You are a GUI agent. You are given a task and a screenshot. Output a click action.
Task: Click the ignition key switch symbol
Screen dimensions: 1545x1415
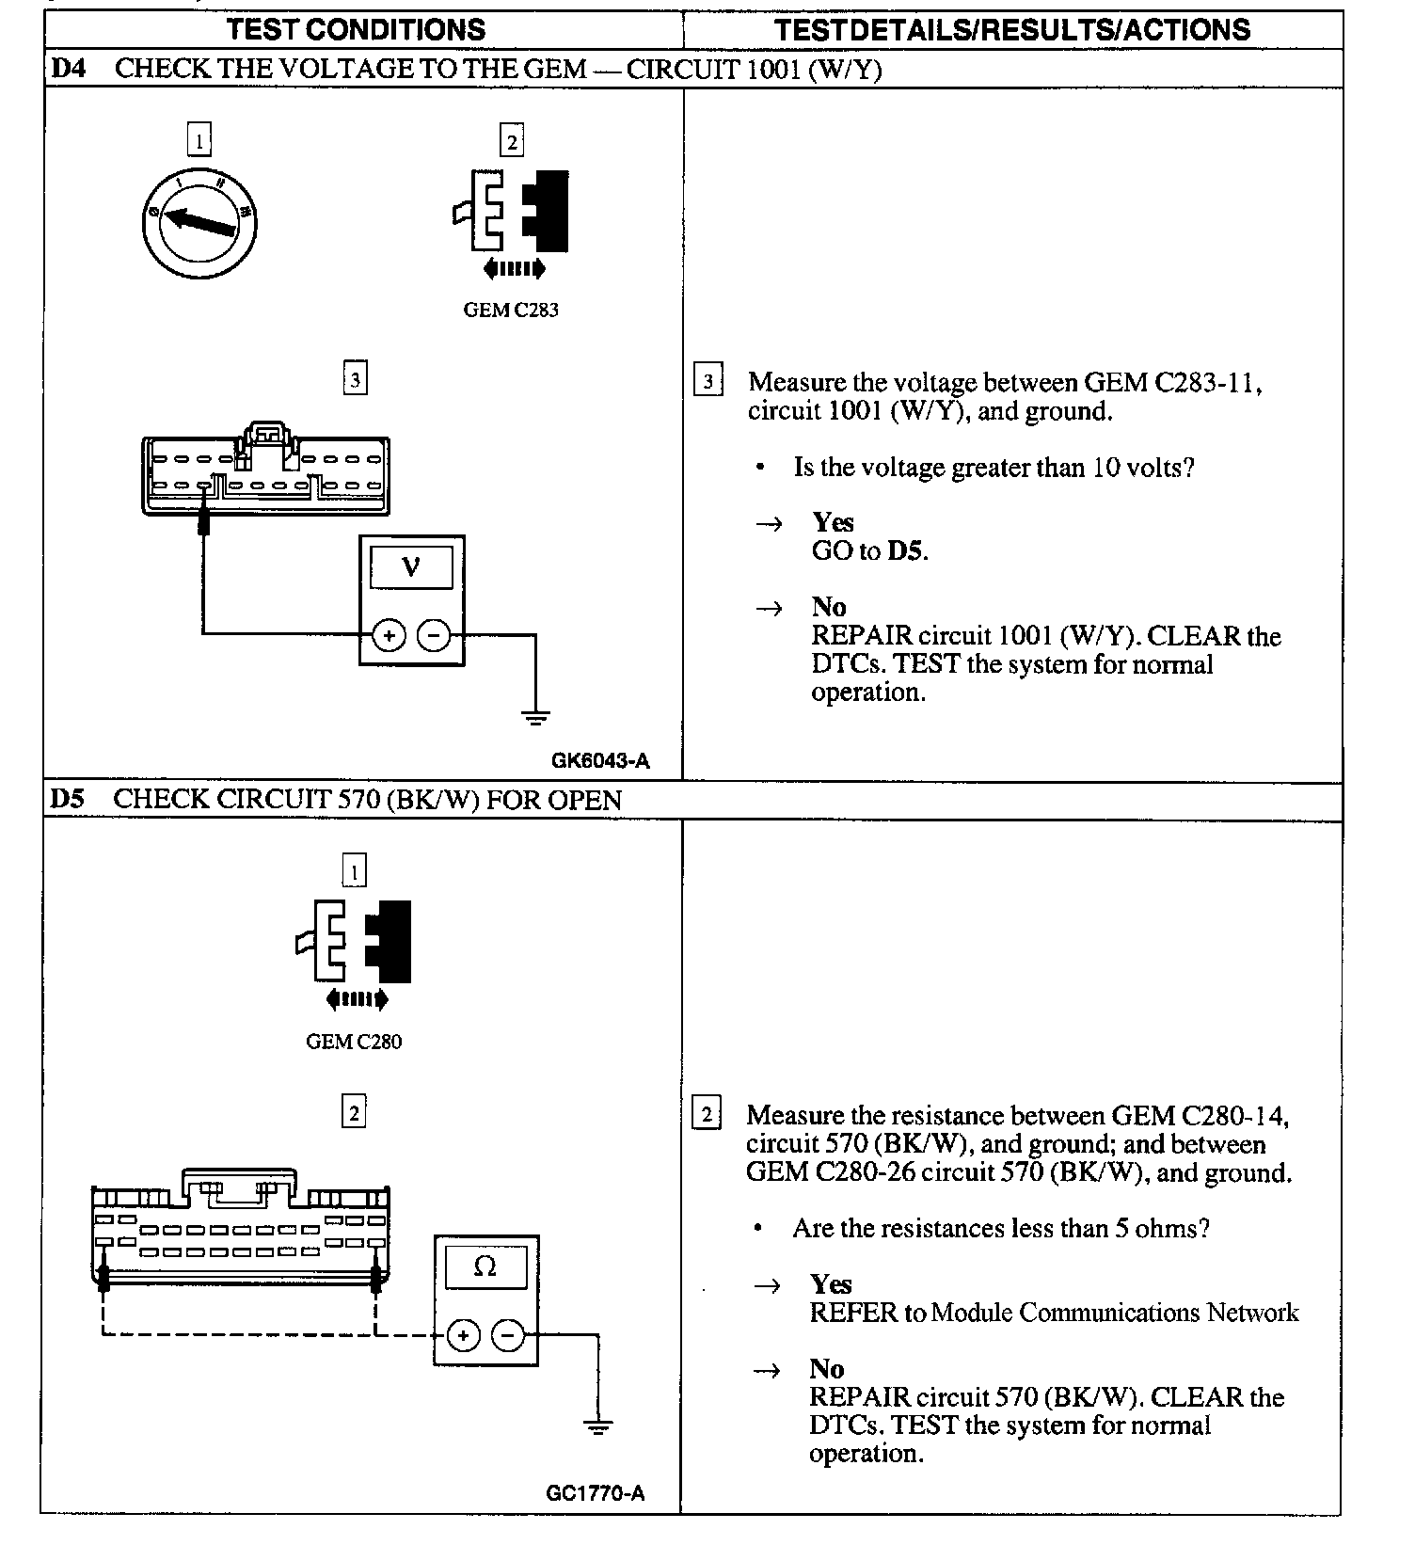coord(199,222)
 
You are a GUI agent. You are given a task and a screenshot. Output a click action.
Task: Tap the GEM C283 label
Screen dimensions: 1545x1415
coord(511,310)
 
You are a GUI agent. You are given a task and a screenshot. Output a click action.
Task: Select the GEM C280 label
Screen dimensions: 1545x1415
coord(354,1042)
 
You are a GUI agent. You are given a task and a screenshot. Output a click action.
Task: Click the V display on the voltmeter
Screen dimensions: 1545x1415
coord(411,567)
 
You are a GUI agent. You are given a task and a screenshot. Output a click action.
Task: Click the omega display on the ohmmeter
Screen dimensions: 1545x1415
coord(485,1267)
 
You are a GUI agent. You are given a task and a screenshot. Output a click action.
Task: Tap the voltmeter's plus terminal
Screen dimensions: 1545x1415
coord(389,636)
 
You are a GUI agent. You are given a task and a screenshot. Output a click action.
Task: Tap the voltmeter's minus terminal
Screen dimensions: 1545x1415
coord(434,636)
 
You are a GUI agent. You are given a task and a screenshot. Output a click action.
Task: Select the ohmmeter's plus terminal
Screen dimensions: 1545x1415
coord(463,1335)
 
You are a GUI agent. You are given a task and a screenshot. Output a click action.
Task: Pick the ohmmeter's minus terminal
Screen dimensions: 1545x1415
coord(508,1335)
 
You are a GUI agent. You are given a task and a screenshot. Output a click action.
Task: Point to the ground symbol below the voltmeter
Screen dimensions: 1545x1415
coord(535,719)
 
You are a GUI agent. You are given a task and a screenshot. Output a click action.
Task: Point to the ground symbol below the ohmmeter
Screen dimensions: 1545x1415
coord(597,1426)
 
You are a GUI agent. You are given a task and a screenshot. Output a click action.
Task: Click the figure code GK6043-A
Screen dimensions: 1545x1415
coord(600,760)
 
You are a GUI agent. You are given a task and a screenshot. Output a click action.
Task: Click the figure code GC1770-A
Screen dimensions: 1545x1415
coord(596,1493)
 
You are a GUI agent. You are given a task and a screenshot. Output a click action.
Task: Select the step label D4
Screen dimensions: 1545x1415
coord(67,69)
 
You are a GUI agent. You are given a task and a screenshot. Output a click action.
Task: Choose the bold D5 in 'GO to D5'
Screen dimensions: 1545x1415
coord(906,550)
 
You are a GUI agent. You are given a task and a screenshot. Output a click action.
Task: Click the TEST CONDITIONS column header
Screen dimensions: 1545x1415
coord(357,29)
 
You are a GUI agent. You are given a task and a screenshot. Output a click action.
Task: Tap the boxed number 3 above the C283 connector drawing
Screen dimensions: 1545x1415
coord(355,379)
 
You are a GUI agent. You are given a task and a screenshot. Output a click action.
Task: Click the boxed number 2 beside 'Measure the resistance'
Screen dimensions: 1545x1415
coord(707,1114)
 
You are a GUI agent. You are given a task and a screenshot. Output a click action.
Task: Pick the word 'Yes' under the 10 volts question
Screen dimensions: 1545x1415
coord(834,522)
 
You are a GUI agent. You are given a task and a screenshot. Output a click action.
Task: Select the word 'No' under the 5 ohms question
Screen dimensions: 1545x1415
coord(827,1368)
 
